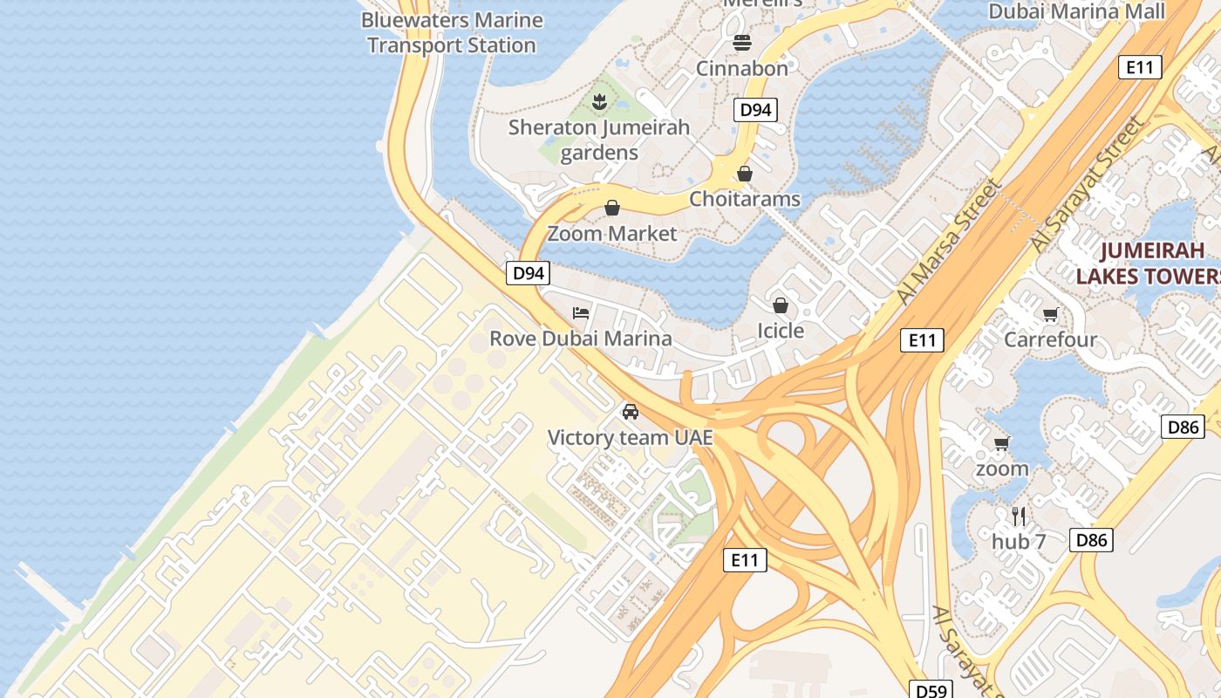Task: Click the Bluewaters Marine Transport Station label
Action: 452,32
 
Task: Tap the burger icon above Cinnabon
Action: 742,43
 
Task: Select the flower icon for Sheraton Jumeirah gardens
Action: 599,102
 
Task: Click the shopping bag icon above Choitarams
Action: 745,174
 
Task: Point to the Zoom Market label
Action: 612,234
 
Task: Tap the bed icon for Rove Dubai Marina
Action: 581,313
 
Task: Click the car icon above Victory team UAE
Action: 631,412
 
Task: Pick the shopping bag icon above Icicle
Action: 781,305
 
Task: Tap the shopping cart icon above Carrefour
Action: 1051,314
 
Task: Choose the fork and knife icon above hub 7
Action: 1019,516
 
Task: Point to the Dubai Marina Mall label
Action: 1076,11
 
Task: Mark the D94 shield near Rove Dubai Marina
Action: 529,273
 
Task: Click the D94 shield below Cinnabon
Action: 755,110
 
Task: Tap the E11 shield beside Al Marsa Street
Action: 922,340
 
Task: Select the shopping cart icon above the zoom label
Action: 1002,443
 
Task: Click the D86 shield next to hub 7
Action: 1091,540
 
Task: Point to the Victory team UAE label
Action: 630,437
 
